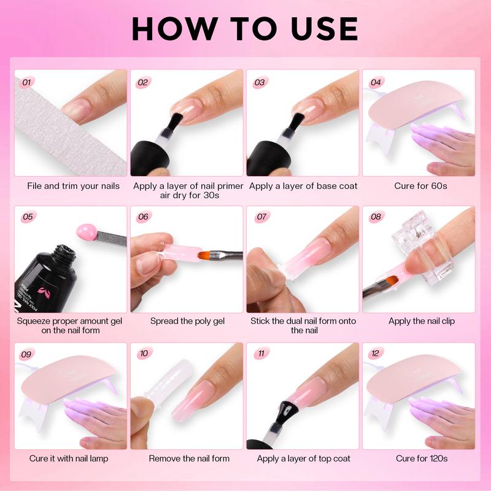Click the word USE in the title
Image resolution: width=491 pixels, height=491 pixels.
pos(324,28)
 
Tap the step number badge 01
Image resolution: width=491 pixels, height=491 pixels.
pos(27,82)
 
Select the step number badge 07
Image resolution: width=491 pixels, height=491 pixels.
pos(261,217)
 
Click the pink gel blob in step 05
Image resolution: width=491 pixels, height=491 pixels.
pos(87,233)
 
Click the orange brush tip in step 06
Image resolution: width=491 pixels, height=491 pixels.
pos(204,255)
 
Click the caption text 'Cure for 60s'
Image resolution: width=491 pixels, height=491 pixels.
pos(420,186)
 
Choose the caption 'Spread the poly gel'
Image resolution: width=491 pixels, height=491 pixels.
pos(187,321)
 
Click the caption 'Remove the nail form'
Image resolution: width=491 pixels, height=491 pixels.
pos(189,458)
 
